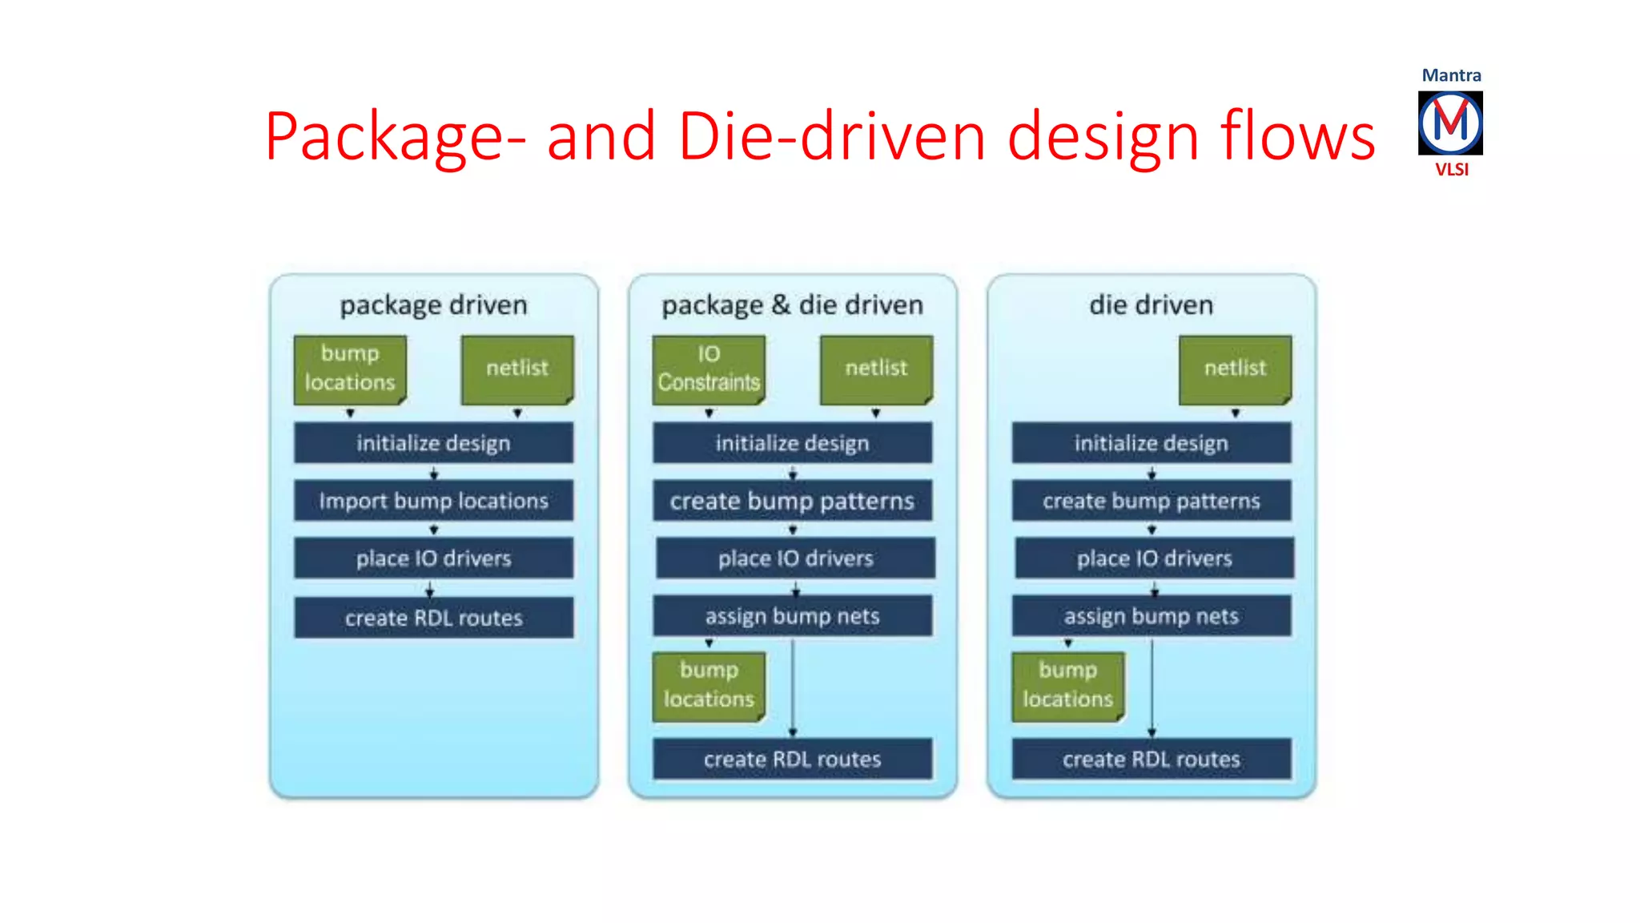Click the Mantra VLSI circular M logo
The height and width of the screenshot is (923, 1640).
point(1449,123)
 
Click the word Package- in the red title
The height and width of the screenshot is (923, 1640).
point(395,137)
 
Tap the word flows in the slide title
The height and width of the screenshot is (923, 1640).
point(1297,137)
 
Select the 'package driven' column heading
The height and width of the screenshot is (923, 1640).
point(433,305)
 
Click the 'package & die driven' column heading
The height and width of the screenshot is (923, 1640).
point(792,305)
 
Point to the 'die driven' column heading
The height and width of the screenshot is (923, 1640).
point(1151,305)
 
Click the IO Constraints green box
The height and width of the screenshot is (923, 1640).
point(709,369)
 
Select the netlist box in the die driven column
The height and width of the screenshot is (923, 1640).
point(1235,369)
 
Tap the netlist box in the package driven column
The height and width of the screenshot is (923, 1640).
point(517,369)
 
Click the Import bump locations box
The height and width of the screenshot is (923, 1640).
point(433,501)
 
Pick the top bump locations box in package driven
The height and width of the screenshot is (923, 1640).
point(350,369)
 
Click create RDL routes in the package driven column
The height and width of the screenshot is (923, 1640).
point(433,618)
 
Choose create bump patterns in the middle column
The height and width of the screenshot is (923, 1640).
point(792,501)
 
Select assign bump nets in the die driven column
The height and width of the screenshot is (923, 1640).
point(1151,616)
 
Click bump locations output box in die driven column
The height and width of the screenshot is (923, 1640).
point(1067,686)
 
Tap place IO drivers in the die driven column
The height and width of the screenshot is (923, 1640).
point(1154,558)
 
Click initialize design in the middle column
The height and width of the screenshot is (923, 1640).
point(792,443)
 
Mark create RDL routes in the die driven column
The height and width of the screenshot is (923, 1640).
point(1151,759)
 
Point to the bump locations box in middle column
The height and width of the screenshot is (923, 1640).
point(709,686)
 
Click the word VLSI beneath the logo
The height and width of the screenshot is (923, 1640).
point(1451,170)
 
